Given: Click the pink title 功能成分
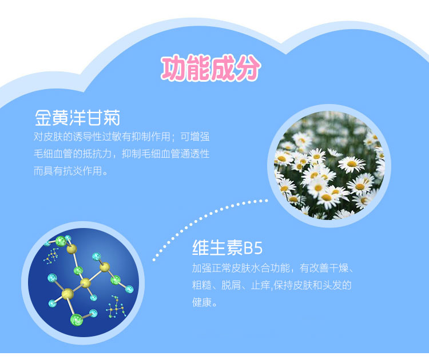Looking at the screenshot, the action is [210, 68].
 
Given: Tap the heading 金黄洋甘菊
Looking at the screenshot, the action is [77, 118].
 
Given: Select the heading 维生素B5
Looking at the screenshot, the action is [227, 247].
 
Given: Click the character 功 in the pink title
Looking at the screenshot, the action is [174, 68].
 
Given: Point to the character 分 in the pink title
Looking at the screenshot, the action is [247, 68].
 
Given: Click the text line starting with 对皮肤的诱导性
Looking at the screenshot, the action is [121, 137].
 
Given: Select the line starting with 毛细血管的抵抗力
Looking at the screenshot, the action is [121, 154].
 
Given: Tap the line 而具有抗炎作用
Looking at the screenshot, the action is [70, 171].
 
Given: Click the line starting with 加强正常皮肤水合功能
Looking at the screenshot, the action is [273, 268].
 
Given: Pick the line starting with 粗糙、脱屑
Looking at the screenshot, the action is [272, 285].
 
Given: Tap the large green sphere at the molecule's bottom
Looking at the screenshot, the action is [77, 319].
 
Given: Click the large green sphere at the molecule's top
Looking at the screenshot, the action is [61, 241].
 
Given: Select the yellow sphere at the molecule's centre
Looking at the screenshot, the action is [85, 283].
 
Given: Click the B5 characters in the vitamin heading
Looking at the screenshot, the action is [253, 248].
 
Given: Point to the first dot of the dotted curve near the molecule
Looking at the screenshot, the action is [154, 259].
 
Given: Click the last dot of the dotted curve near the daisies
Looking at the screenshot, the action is [267, 201].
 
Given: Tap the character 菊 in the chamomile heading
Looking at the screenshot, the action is [112, 118].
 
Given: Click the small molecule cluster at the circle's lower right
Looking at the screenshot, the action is [116, 307].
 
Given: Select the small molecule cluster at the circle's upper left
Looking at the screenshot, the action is [51, 256].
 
